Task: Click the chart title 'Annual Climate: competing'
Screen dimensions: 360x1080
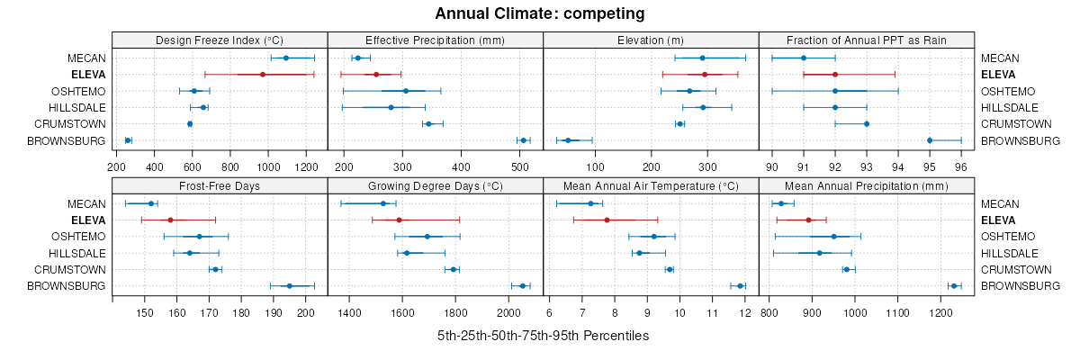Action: [x=540, y=13]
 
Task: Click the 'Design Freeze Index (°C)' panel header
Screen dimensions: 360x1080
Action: [x=220, y=40]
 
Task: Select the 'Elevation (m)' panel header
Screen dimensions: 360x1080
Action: [x=651, y=40]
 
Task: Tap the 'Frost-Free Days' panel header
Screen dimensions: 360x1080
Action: [x=220, y=185]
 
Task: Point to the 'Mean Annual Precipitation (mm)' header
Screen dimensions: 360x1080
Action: [x=867, y=185]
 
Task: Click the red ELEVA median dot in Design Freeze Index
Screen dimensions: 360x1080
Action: [x=263, y=75]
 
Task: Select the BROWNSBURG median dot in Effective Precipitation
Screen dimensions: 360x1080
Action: [x=523, y=140]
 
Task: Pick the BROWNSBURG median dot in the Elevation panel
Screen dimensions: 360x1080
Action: [x=568, y=140]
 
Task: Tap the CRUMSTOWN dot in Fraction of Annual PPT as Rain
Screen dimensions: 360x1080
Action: [x=867, y=123]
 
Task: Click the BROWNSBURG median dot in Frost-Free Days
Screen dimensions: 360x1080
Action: [x=289, y=286]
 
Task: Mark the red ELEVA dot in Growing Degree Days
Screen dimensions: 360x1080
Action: [x=399, y=220]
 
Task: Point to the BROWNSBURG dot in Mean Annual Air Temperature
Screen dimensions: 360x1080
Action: [x=741, y=286]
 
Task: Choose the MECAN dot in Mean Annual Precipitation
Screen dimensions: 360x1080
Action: [x=781, y=203]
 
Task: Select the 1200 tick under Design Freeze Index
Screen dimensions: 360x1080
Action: [x=306, y=166]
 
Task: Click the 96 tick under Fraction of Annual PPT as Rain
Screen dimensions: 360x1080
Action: [x=961, y=166]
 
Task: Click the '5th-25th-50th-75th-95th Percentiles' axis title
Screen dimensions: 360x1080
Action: [x=543, y=336]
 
